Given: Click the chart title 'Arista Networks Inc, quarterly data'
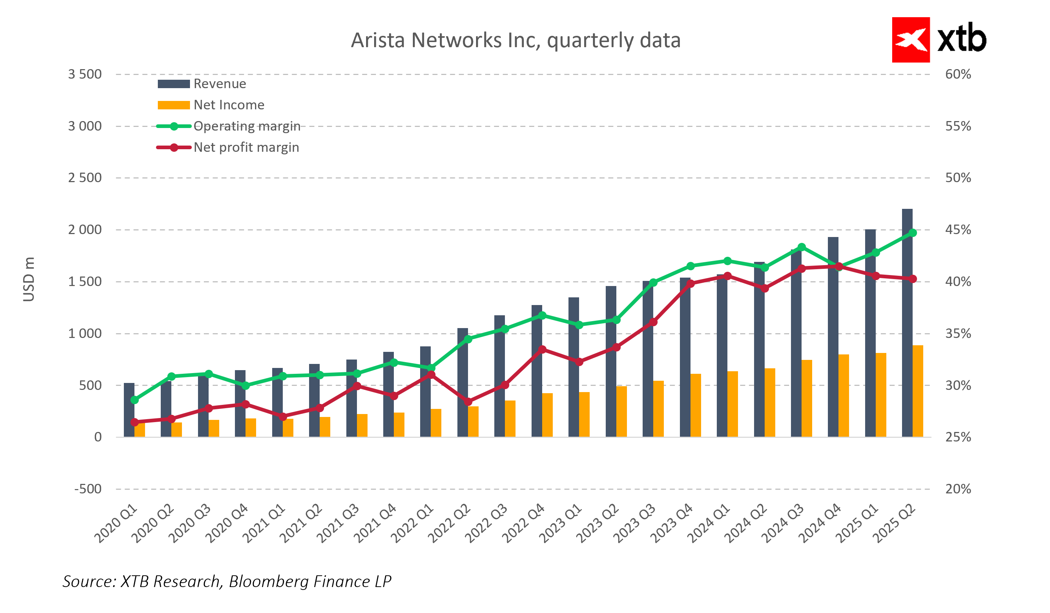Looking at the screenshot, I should [516, 41].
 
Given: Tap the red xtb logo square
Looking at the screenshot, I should [910, 40].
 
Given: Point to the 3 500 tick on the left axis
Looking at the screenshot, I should [85, 74].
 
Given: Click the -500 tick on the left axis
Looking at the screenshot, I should [88, 489].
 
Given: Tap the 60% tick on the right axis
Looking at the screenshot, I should [958, 74].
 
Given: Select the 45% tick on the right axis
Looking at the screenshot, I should [958, 230].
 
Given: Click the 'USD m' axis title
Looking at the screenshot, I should [29, 279].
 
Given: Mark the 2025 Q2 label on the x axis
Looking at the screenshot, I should [895, 523].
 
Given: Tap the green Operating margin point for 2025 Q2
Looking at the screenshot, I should [913, 233].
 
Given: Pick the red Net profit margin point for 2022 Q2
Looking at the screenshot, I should [468, 402].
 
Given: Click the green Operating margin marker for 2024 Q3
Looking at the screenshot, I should [801, 247].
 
